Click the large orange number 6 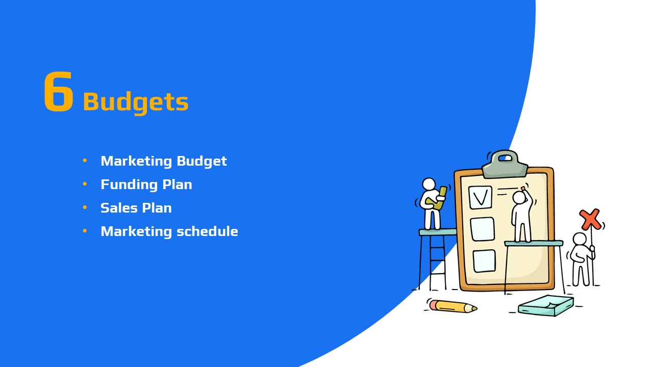(58, 91)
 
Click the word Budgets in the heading (136, 102)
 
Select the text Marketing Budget (164, 161)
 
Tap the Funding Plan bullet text (146, 185)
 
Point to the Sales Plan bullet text (136, 208)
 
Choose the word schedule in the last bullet (208, 231)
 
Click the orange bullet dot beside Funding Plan (85, 184)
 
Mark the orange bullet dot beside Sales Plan (85, 207)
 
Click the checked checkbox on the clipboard (480, 197)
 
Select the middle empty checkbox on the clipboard (483, 229)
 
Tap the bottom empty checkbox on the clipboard (484, 261)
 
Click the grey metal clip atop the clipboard (505, 164)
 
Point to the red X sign (590, 219)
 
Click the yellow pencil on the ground (453, 306)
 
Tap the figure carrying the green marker (431, 204)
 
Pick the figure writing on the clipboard (522, 216)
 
